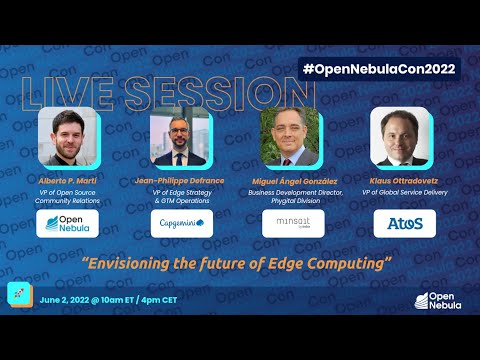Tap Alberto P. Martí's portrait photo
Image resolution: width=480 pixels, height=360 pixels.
67,136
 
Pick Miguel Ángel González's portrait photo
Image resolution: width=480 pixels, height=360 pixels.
291,137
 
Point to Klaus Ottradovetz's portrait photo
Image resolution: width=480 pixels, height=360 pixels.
402,137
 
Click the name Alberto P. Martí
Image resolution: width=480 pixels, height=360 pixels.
67,180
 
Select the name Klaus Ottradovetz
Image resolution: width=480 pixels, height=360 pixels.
403,180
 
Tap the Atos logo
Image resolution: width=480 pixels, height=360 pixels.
405,223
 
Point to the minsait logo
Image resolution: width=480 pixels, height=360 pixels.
293,223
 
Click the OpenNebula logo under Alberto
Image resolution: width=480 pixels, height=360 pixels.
68,223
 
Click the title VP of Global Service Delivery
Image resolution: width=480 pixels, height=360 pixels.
403,193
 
